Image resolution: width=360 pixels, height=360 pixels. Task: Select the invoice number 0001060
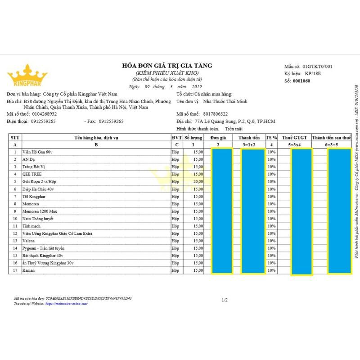pos(301,81)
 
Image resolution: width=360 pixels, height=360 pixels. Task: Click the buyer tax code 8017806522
pos(216,114)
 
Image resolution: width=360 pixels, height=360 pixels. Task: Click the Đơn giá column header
pos(218,137)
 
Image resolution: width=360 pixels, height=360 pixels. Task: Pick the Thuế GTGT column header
pos(294,137)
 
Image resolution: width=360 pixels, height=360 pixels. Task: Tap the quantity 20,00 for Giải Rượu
pos(198,181)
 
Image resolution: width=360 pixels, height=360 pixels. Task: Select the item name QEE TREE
pos(32,174)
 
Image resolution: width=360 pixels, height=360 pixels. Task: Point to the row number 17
pos(15,270)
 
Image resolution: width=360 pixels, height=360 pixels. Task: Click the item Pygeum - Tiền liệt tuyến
pos(44,248)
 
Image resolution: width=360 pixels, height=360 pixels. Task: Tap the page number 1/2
pos(225,299)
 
